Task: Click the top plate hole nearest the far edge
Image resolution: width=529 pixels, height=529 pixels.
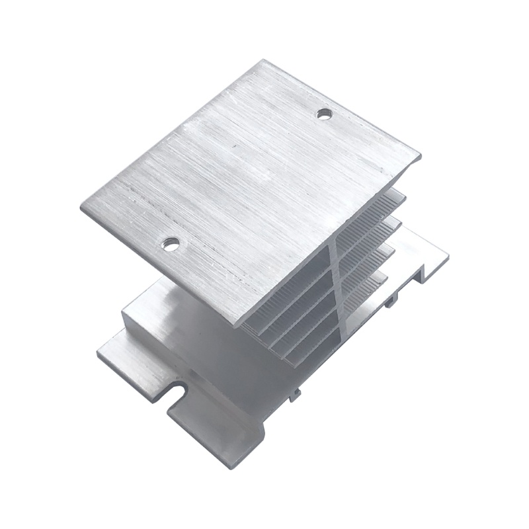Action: pyautogui.click(x=323, y=114)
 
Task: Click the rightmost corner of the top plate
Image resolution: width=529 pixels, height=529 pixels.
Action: pyautogui.click(x=421, y=157)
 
